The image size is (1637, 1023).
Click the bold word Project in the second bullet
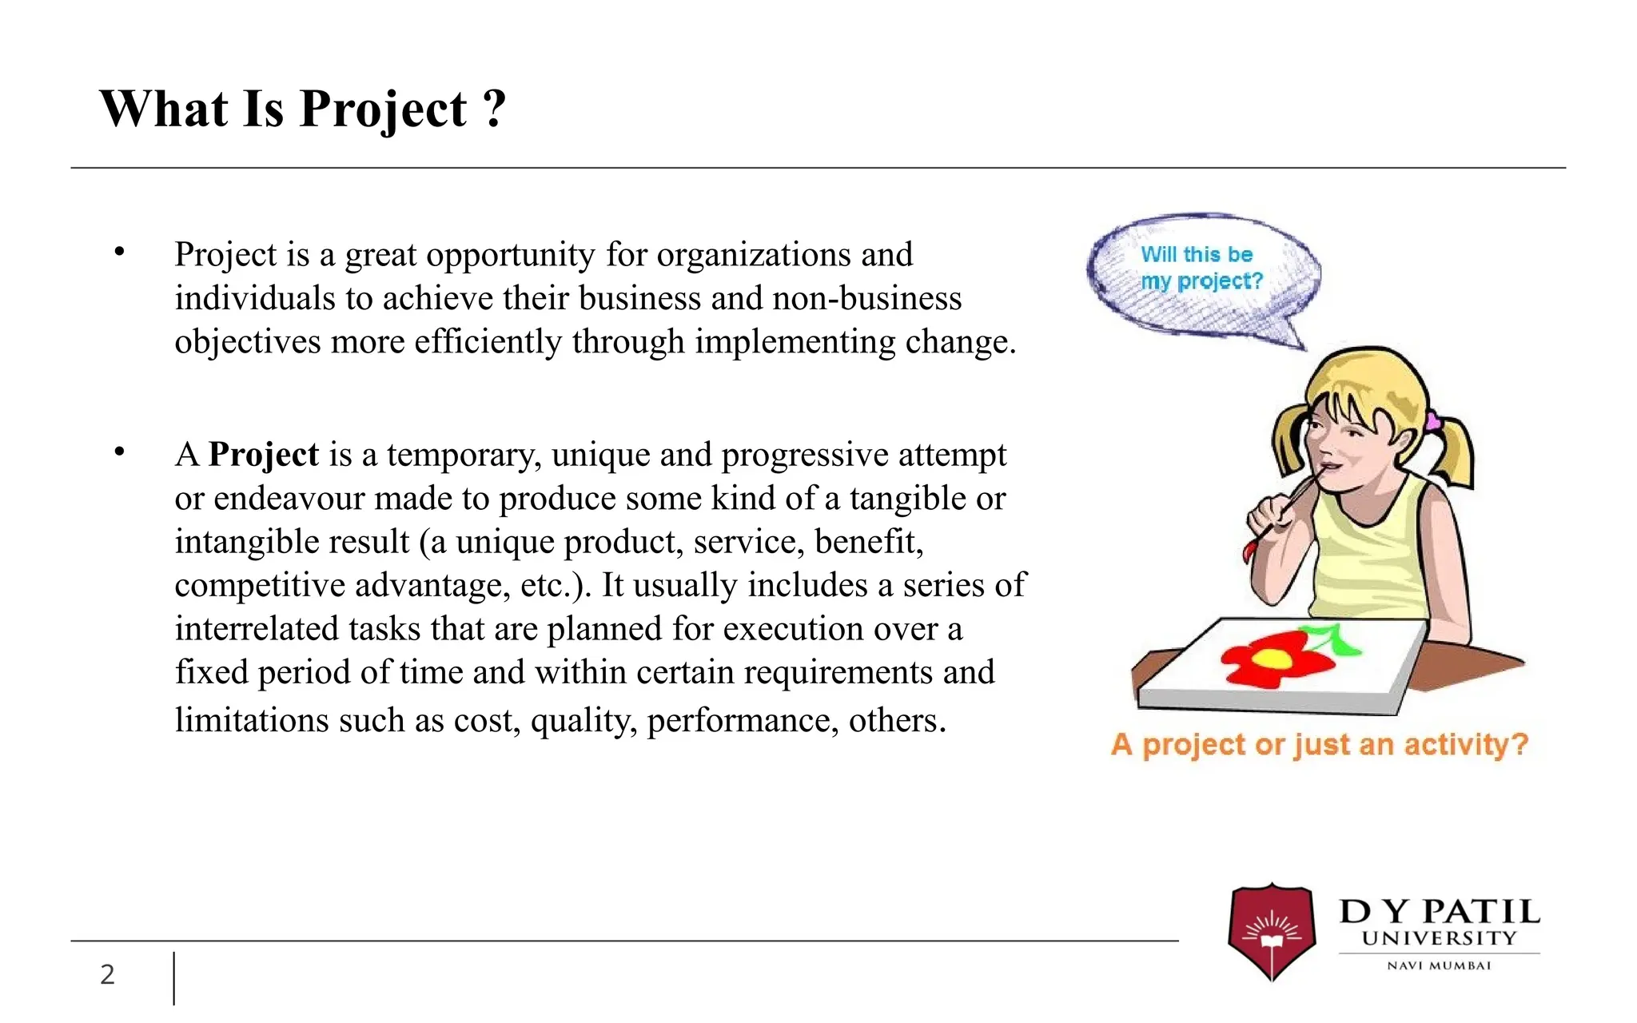[x=263, y=455]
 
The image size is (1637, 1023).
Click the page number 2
[x=107, y=974]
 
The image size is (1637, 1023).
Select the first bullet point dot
[x=120, y=253]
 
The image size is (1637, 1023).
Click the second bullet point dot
[x=120, y=452]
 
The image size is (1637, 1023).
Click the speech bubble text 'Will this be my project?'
[x=1200, y=268]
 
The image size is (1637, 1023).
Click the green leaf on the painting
[x=1333, y=639]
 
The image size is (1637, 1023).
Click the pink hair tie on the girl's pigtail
[x=1432, y=420]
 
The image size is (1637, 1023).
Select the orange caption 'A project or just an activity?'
[x=1319, y=745]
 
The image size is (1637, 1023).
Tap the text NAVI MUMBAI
[x=1439, y=965]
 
